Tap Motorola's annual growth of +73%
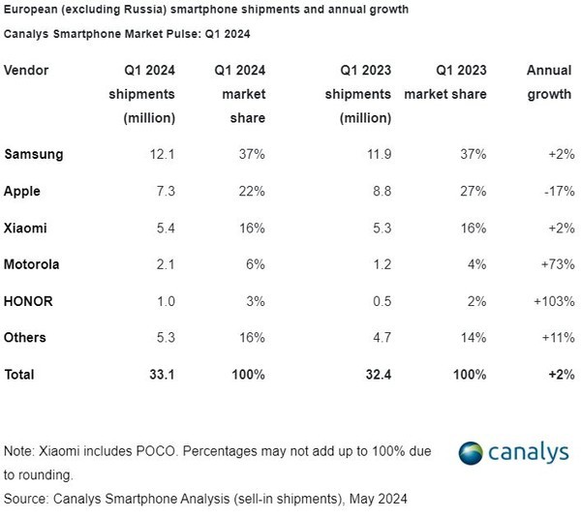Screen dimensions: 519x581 [x=554, y=265]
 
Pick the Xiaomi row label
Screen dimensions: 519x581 [x=25, y=229]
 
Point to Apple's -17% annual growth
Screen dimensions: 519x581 [x=555, y=192]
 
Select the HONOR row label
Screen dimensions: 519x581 [x=28, y=302]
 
